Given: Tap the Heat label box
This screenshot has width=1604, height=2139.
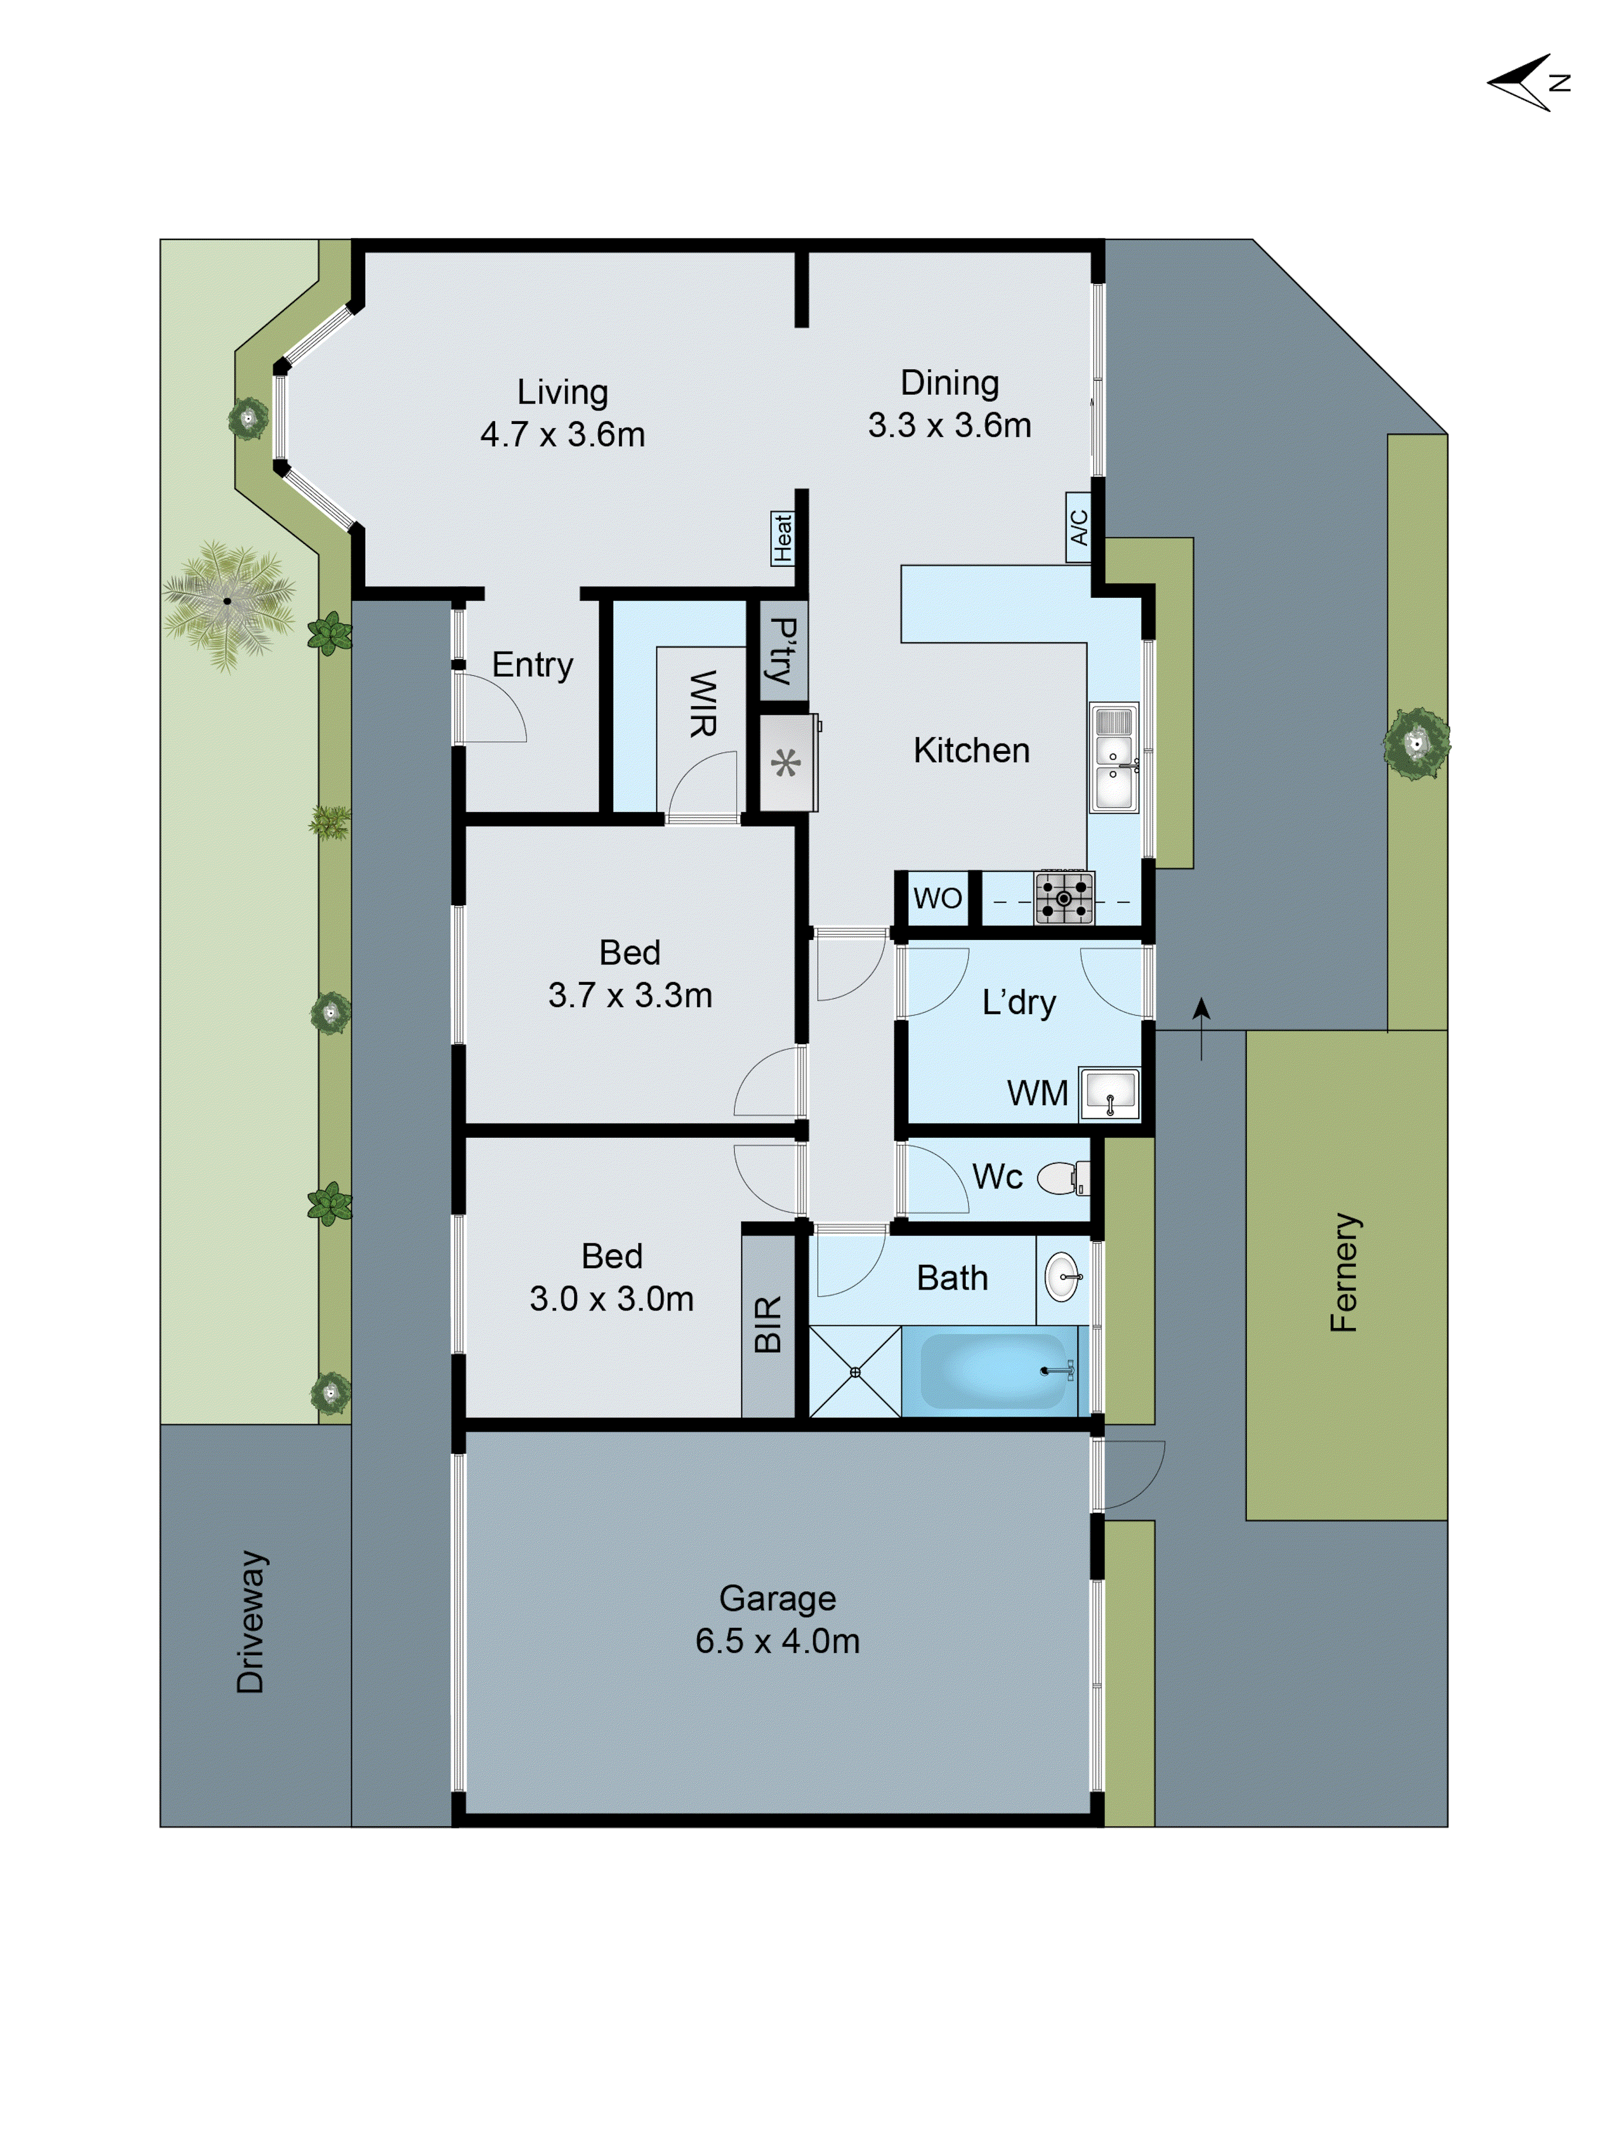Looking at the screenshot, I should [x=782, y=538].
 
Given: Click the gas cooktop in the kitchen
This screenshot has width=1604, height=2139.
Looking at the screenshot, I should [x=1063, y=898].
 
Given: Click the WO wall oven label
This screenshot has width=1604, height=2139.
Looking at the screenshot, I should [x=937, y=898].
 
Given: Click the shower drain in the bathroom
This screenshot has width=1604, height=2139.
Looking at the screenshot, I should [x=855, y=1371].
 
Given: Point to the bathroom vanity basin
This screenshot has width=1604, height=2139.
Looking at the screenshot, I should [x=1062, y=1277].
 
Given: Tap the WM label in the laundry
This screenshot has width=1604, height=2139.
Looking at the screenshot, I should [x=1037, y=1094].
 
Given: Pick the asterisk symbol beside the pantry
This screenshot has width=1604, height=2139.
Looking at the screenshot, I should [x=786, y=764].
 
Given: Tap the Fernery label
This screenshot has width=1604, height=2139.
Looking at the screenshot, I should [x=1344, y=1272].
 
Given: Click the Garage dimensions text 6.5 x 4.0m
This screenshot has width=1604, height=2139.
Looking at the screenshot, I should [x=777, y=1641].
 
